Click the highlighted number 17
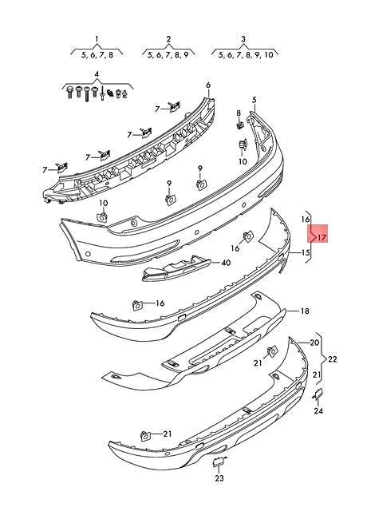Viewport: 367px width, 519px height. (x=322, y=237)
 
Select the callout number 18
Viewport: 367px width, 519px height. (x=303, y=311)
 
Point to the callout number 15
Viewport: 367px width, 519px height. (x=305, y=253)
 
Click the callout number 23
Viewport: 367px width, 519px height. (x=219, y=478)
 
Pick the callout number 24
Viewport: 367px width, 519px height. (x=318, y=412)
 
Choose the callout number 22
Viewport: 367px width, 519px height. (x=333, y=359)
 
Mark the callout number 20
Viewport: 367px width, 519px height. (x=314, y=343)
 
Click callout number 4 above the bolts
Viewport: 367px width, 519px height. (x=97, y=75)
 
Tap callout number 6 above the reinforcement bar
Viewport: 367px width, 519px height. (x=207, y=85)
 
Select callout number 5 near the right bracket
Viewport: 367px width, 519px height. (x=254, y=100)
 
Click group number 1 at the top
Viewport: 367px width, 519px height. (x=97, y=38)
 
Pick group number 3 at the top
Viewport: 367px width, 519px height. (x=242, y=38)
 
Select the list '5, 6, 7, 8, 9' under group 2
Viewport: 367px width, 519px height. (x=168, y=54)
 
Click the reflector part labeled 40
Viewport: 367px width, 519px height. (x=176, y=271)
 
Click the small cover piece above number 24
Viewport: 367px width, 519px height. (x=317, y=394)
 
